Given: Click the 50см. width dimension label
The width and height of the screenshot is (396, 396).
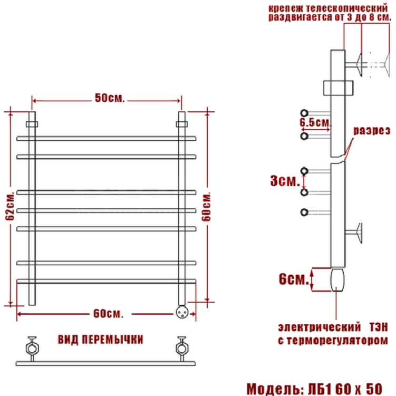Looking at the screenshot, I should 110,99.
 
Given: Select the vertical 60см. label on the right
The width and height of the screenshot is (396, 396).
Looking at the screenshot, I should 207,206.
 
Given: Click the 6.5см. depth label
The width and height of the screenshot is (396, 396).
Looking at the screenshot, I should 315,123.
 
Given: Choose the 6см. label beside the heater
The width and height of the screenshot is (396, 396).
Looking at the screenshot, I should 294,279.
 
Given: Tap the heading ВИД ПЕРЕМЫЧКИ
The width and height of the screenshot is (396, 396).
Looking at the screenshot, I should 100,340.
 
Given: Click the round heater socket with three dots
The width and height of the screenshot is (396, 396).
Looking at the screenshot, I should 182,311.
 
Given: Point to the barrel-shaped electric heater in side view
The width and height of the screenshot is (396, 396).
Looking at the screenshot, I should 336,279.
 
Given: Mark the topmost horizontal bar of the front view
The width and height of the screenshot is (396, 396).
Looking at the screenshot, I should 107,139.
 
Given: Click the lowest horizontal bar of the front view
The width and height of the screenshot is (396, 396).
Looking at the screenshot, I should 107,281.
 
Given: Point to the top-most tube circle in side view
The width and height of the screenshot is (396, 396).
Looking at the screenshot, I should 304,112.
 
